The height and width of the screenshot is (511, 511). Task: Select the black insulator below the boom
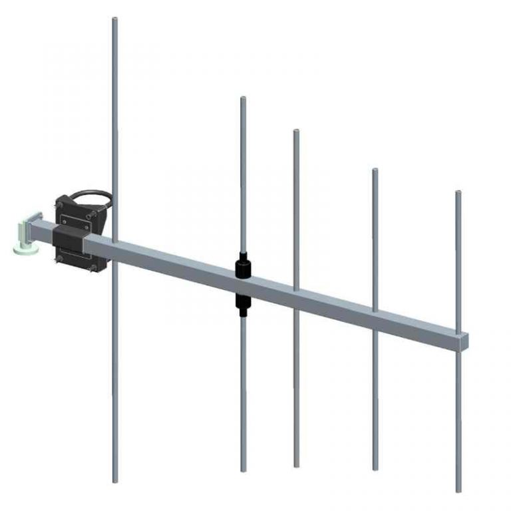pos(243,303)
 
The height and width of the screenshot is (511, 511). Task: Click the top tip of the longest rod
pos(114,20)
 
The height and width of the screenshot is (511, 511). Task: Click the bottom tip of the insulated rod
pos(244,470)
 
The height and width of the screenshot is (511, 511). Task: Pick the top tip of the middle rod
pos(296,132)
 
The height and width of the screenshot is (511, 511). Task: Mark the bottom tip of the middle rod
pos(296,465)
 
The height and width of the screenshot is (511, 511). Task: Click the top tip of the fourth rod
pos(375,171)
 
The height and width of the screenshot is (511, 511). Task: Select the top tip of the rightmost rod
pos(458,193)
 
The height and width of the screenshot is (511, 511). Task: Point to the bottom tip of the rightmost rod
pos(459,490)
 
